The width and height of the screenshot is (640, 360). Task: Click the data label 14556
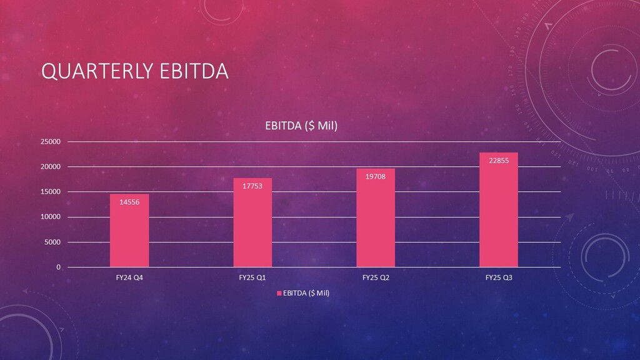coord(129,201)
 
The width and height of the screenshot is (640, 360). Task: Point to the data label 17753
coord(252,186)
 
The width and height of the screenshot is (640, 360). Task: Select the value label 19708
coord(376,176)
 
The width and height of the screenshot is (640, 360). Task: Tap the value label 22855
coord(499,161)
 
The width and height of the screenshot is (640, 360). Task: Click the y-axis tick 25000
coord(51,142)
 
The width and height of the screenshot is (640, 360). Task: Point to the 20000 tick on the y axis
coord(51,167)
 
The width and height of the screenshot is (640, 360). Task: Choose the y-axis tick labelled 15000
coord(51,192)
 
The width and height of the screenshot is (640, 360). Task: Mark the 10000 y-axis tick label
coord(51,217)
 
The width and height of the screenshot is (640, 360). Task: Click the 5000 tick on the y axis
coord(53,242)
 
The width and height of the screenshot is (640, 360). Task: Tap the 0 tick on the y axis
coord(59,267)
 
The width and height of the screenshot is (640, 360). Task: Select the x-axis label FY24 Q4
coord(129,277)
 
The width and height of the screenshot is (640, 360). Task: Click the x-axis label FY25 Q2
coord(376,277)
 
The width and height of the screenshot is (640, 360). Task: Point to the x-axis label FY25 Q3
coord(499,277)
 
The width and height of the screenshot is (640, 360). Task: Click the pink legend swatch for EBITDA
coord(279,293)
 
